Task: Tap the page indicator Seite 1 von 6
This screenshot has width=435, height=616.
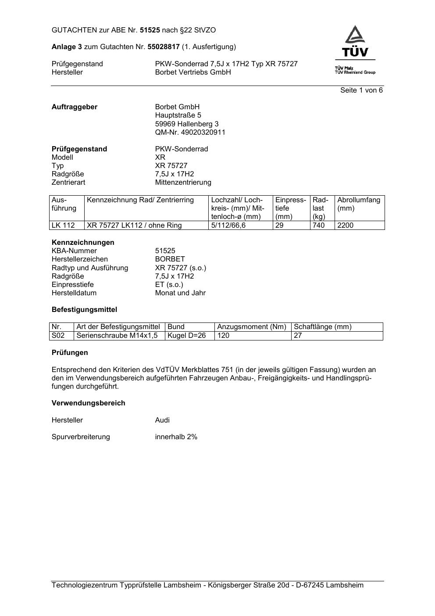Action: [x=361, y=90]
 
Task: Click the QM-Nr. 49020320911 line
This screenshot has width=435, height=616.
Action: [x=190, y=132]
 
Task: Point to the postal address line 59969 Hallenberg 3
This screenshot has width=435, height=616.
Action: [x=186, y=124]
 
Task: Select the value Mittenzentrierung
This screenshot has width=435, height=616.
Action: [x=183, y=182]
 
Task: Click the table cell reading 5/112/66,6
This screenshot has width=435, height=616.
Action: [x=228, y=226]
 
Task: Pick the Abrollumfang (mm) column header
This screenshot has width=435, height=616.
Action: [x=359, y=204]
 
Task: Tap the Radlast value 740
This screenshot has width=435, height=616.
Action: [x=318, y=226]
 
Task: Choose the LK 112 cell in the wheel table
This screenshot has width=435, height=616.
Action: [x=63, y=226]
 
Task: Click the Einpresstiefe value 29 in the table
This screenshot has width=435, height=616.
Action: [x=279, y=226]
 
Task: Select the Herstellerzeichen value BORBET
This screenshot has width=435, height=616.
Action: [x=170, y=259]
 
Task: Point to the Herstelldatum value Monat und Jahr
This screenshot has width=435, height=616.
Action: [x=180, y=293]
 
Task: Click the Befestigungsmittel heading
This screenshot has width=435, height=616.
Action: [x=84, y=310]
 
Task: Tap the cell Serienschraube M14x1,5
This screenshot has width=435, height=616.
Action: [x=117, y=336]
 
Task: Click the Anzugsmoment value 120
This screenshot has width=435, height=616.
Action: [x=223, y=336]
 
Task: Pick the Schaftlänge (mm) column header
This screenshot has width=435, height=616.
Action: [x=322, y=327]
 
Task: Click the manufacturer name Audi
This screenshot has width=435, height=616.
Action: [x=162, y=420]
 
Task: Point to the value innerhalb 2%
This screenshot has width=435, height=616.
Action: [x=176, y=437]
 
